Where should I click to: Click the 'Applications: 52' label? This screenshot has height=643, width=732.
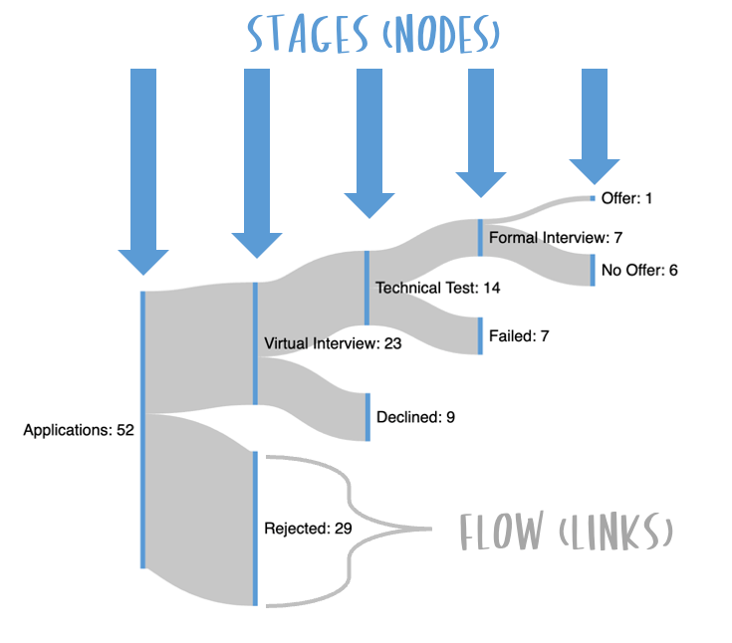pos(79,430)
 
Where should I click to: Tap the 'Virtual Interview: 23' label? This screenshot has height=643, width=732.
pos(333,343)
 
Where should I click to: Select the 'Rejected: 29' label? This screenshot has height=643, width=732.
pos(308,529)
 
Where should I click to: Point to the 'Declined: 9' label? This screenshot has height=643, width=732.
pos(415,417)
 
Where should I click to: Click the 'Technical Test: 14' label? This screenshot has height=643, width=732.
pos(438,288)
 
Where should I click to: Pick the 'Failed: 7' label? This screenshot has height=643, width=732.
pos(519,336)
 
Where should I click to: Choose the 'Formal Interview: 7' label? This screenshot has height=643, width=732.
pos(556,238)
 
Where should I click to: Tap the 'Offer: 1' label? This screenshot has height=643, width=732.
pos(626,198)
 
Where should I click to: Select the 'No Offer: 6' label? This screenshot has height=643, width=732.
pos(639,270)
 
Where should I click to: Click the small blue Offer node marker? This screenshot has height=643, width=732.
pos(593,198)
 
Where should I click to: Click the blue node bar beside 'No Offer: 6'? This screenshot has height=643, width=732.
pos(593,270)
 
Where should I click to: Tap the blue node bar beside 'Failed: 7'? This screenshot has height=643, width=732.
pos(480,336)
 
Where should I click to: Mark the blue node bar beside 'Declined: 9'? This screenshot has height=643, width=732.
pos(367,417)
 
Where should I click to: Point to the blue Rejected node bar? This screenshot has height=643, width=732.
pos(255,529)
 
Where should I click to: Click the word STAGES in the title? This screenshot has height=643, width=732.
pos(308,34)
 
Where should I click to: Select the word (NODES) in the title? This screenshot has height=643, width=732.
pos(441,34)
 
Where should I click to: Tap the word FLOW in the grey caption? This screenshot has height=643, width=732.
pos(502,531)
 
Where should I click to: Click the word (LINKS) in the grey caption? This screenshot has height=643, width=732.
pos(615,531)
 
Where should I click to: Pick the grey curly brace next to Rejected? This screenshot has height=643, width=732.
pos(350,530)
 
